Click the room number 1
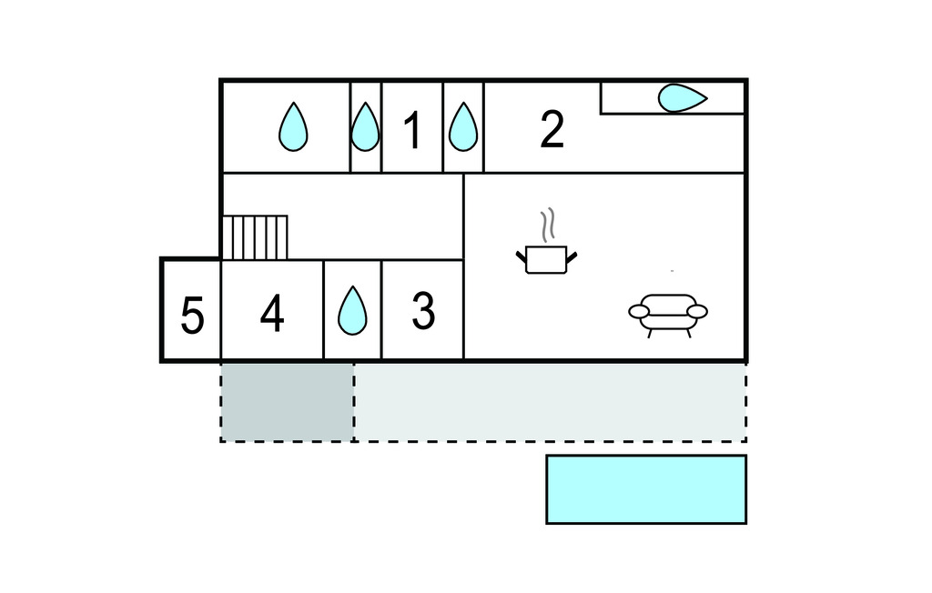tap(412, 130)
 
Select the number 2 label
tap(552, 130)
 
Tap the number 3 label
tap(423, 311)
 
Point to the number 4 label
tap(272, 313)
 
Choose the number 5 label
tap(192, 316)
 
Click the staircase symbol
tap(255, 237)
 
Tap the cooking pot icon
tap(546, 259)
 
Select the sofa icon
tap(668, 316)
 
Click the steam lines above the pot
tap(548, 224)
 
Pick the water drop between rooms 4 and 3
tap(352, 310)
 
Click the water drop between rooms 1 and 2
tap(463, 126)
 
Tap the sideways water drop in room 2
tap(683, 98)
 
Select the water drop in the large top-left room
tap(294, 126)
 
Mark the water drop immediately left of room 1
tap(365, 126)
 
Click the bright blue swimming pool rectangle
tap(646, 489)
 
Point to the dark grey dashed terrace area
tap(288, 402)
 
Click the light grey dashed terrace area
tap(551, 402)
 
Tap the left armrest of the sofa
tap(639, 311)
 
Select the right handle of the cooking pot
tap(572, 258)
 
